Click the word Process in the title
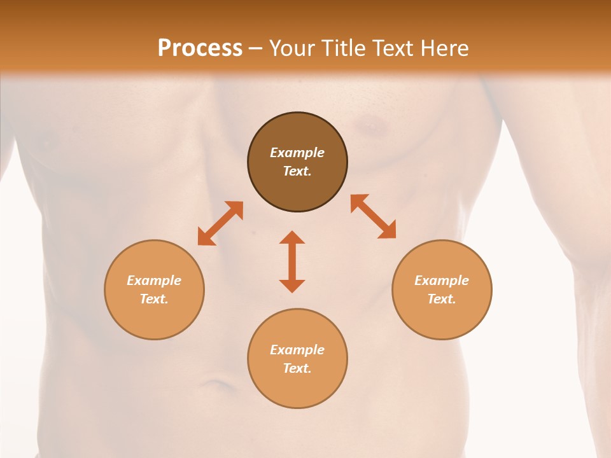200,48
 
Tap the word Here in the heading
444,48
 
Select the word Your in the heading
290,48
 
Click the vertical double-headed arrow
292,261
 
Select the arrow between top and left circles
220,223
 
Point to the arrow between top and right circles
373,216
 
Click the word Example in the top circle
297,153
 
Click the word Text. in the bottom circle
297,368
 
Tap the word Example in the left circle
154,281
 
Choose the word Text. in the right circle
442,299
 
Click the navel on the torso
217,384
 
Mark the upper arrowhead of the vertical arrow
292,238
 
